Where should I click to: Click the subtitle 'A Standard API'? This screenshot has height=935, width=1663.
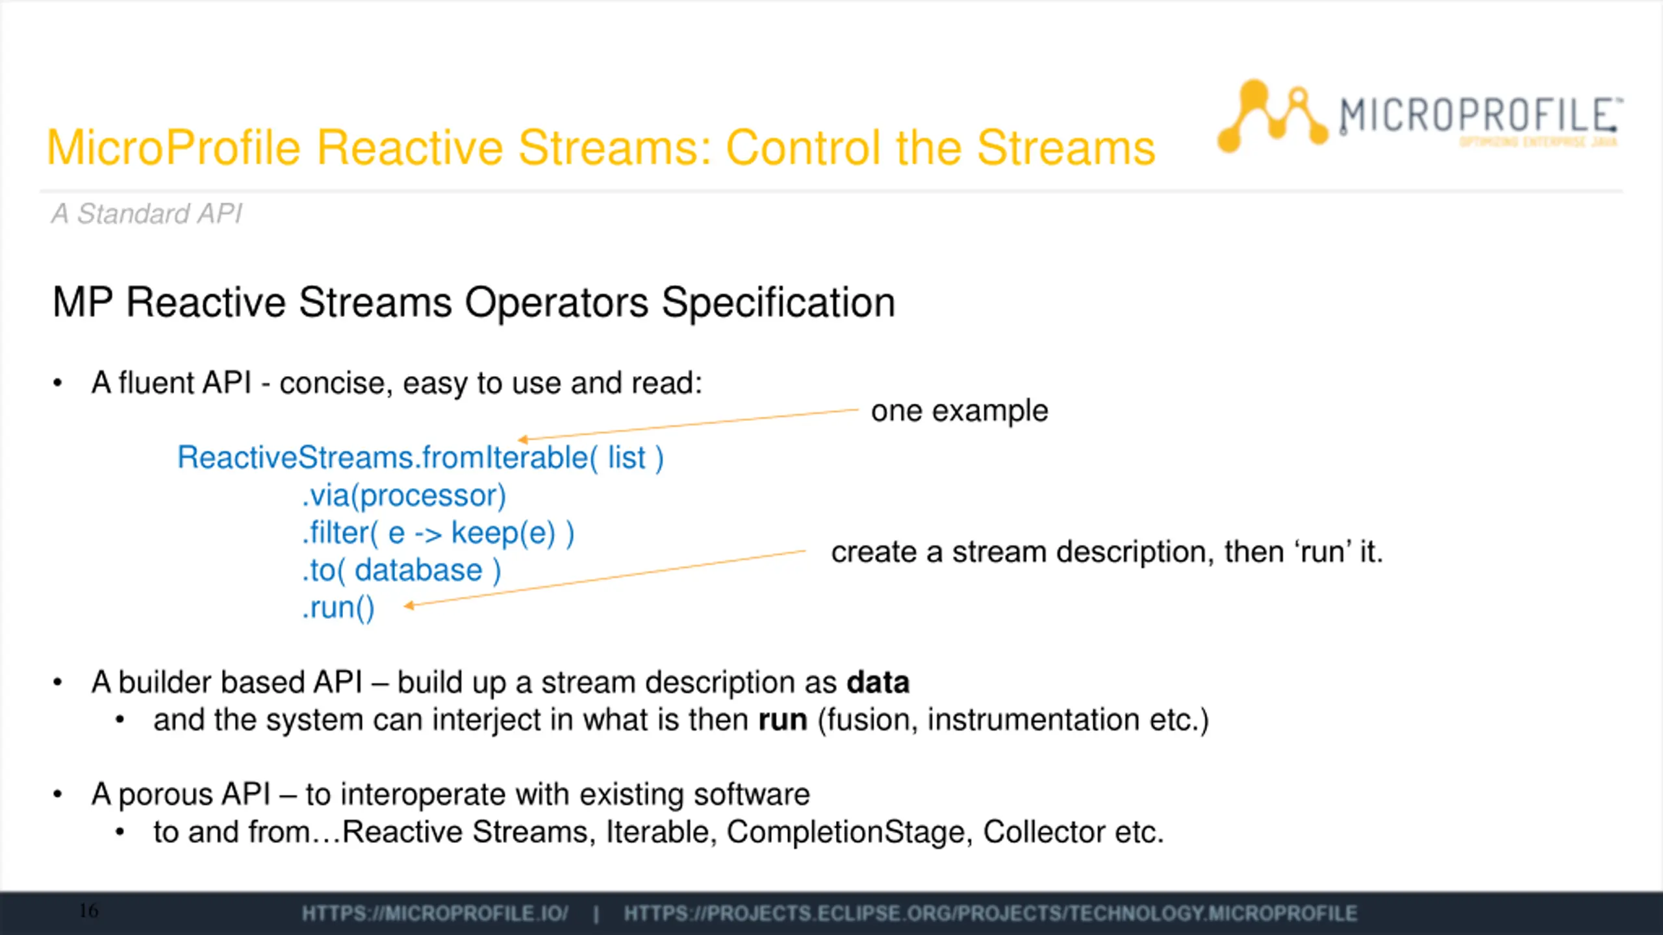(x=147, y=214)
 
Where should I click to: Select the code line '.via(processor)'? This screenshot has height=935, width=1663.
(x=403, y=496)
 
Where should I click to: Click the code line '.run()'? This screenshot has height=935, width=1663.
(x=338, y=608)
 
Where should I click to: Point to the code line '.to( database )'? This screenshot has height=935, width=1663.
(x=401, y=571)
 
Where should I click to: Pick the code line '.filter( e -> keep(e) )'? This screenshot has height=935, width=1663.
(x=438, y=534)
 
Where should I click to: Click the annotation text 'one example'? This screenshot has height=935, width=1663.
(x=959, y=411)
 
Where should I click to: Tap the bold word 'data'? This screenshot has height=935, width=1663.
(x=878, y=682)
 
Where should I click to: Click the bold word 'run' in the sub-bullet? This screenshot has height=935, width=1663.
(x=783, y=720)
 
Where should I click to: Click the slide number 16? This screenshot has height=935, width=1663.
(x=89, y=911)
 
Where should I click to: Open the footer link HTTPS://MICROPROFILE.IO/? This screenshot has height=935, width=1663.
(x=435, y=914)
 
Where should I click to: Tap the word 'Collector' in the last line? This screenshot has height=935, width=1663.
(x=1043, y=832)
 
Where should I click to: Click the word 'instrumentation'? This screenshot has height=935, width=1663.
(x=1033, y=720)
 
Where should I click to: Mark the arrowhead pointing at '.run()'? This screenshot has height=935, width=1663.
(x=409, y=606)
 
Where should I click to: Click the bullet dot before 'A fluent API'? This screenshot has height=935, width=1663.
(x=58, y=383)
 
